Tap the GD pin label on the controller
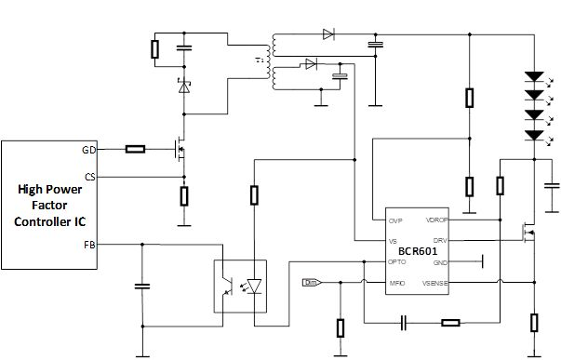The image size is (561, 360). pos(89,149)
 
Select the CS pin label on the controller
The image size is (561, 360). pos(89,177)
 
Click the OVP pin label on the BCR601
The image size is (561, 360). pos(395,220)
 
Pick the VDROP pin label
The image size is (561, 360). pos(437,220)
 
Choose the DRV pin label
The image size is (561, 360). pos(441,240)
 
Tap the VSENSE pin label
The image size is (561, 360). pos(436,283)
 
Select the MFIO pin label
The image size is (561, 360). pos(396,283)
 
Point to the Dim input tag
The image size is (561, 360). pos(312,283)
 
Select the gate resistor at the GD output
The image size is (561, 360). pos(136,149)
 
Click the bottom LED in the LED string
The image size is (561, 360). pos(534,136)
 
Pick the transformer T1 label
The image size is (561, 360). pos(259,60)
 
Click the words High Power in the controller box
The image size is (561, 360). pos(50,190)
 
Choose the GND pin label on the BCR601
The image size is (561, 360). pos(441,262)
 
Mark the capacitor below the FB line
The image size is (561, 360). pos(141,287)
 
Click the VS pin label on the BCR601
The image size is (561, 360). pos(394,240)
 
